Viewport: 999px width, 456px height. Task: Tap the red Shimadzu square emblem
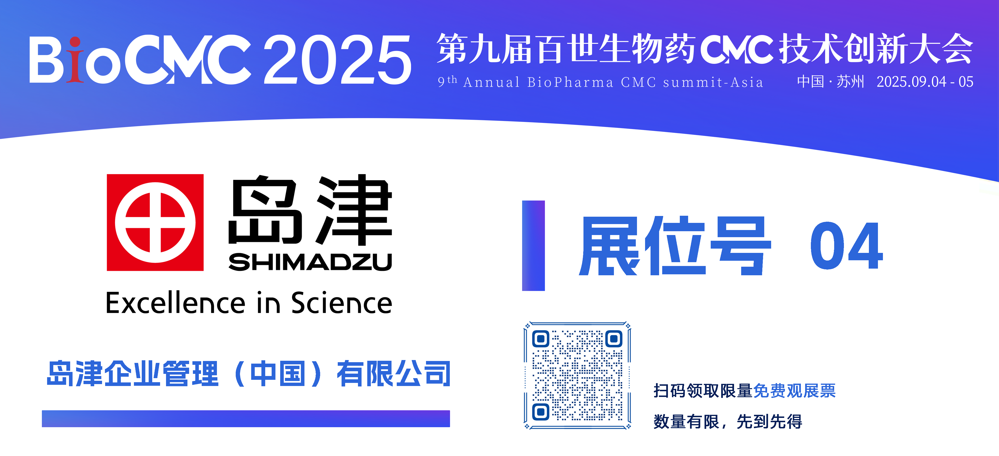pos(155,222)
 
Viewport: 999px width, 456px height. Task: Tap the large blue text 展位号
pos(675,246)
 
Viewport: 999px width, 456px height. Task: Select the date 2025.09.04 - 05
pos(925,82)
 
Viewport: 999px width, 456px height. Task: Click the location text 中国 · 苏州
pos(830,82)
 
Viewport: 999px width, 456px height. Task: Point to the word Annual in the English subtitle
pos(491,82)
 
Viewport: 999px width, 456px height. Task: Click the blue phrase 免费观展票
pos(794,391)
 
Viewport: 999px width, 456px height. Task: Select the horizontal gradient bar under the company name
pos(246,419)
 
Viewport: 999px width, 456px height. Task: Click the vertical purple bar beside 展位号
pos(533,246)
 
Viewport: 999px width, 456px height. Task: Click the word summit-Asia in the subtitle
pos(713,82)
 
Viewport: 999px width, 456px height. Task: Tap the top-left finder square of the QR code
pos(541,339)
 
